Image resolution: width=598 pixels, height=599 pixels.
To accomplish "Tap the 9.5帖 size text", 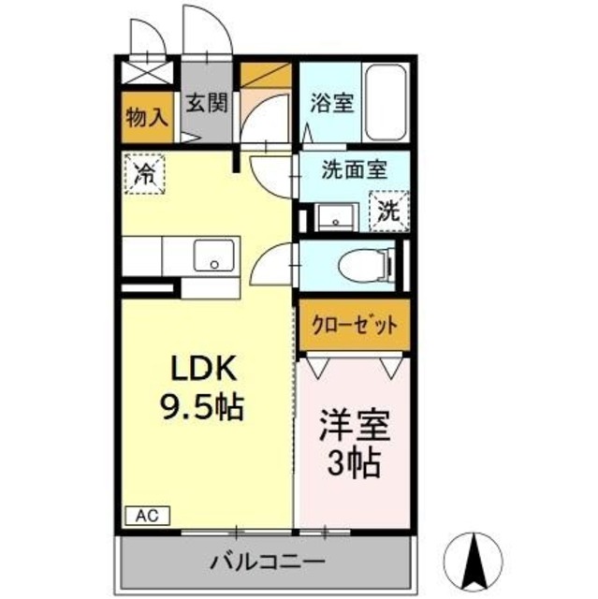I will click(x=198, y=407).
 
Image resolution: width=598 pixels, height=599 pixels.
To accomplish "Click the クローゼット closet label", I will click(x=353, y=326).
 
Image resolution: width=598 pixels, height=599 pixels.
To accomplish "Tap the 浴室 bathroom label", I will click(x=331, y=104).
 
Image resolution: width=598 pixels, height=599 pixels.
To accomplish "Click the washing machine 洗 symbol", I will click(x=387, y=210).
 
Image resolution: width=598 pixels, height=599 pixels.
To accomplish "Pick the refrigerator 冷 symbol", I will click(x=145, y=172).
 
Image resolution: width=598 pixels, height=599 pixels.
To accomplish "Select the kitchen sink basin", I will click(x=214, y=255).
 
